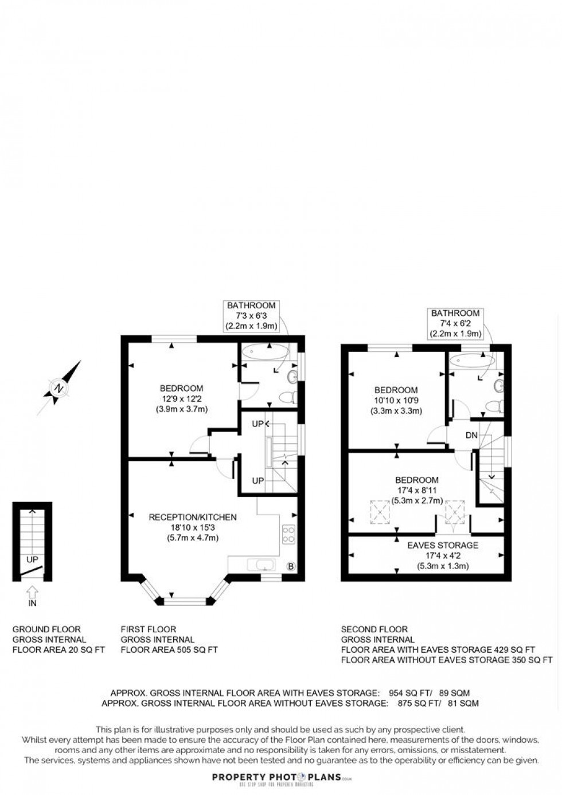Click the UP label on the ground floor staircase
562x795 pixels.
(33, 559)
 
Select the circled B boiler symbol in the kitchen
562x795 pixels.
(291, 567)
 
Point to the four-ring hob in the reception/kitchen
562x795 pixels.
(288, 535)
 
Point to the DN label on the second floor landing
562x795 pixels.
(471, 436)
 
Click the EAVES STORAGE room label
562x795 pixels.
(443, 545)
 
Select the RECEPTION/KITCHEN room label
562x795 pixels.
(193, 517)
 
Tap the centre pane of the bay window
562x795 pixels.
(185, 601)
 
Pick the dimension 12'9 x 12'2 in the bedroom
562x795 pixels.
(182, 399)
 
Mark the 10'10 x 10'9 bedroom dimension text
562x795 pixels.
(396, 401)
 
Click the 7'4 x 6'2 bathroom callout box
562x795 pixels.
(455, 323)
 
